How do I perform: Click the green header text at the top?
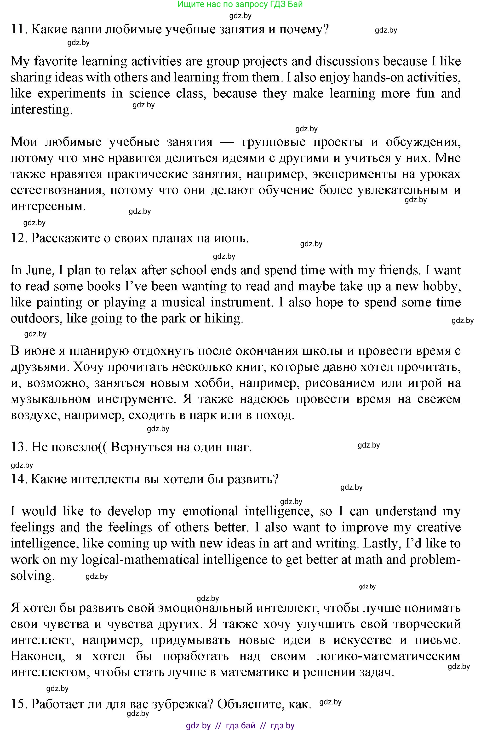[240, 4]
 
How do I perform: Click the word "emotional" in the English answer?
[210, 511]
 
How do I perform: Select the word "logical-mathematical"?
[140, 559]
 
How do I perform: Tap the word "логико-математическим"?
[388, 656]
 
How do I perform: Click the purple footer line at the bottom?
[240, 725]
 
